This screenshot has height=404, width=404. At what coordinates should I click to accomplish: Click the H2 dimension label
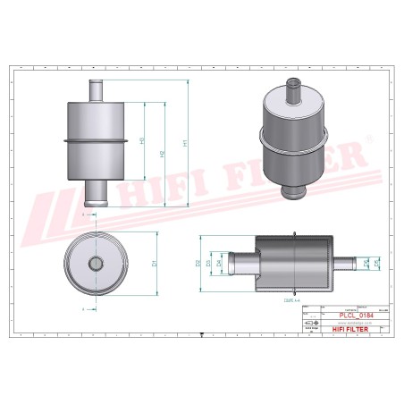pos(163,154)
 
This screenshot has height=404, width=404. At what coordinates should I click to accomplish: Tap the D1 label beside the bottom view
pos(155,264)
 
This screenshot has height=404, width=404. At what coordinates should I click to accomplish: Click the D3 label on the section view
pos(208,263)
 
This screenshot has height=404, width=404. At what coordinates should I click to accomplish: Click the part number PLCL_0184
pos(354,315)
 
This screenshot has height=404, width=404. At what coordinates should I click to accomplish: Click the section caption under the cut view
pos(291,303)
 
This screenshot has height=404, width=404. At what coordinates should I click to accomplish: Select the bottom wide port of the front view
pos(97,193)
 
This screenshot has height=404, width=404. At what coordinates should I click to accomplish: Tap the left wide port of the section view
pos(241,263)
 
